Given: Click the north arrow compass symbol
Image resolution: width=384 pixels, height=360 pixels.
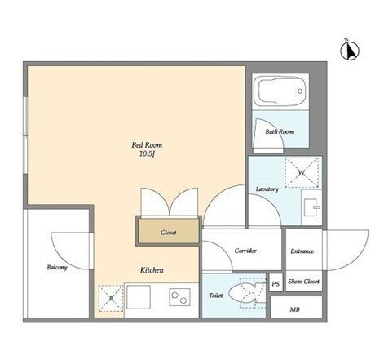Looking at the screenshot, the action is coord(350,50).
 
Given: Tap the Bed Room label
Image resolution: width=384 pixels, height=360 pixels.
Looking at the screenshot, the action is coord(147,144).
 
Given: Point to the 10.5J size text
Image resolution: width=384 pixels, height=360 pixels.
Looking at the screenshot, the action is coord(147,154).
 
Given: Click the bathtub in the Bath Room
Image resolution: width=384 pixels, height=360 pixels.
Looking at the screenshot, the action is coord(280,91).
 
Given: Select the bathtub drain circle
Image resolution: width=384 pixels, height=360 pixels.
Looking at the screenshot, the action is coord(300,91).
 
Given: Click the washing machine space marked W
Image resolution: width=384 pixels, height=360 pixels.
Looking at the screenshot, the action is coord(302,172).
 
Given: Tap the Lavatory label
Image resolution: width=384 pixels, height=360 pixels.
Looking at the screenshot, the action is coord(267,189).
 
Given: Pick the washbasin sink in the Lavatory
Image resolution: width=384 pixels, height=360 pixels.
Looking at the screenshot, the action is coord(311,207).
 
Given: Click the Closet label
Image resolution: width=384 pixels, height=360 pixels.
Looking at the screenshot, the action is coord(169,233).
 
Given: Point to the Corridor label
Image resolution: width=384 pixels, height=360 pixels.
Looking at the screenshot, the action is coord(245,251).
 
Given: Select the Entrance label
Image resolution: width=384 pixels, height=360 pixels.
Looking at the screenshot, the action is coord(302,251).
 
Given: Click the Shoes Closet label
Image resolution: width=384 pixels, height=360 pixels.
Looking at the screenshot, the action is coord(303,282).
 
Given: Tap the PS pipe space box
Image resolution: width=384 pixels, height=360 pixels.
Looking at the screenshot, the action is coord(276,283).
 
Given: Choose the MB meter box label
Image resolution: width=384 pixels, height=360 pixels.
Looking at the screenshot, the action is coord(294,309).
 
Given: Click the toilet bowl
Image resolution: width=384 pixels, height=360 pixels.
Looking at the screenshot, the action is coord(242,293).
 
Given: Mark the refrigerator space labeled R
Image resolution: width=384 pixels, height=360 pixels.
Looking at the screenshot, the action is coord(111,298).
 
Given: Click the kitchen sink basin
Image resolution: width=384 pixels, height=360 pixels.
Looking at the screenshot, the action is coord(139,297).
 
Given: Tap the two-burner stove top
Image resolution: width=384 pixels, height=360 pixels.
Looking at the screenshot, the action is coord(179,297).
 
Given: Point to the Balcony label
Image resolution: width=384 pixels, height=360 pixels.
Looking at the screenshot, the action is coord(57,267).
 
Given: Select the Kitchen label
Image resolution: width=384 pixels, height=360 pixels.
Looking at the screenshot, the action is coord(152,270).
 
